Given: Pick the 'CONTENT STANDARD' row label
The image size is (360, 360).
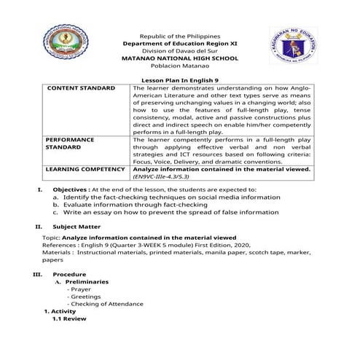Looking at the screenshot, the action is point(81,88).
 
